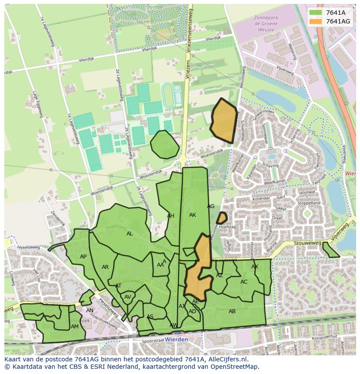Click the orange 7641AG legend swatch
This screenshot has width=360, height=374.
tap(316, 21)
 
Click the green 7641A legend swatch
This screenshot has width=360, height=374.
tap(316, 13)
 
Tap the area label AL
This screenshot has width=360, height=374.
tap(130, 234)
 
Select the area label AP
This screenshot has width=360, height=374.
tap(83, 257)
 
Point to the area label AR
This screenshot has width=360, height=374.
tap(105, 267)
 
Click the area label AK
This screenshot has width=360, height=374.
tap(193, 215)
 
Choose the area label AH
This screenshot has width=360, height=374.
tap(170, 216)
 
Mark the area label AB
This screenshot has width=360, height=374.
tap(232, 311)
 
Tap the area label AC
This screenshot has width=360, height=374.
tap(244, 282)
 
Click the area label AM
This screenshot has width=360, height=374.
tap(75, 327)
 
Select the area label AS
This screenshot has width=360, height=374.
tap(150, 317)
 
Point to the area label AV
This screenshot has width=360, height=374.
tap(127, 297)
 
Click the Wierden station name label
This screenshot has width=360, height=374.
tap(177, 339)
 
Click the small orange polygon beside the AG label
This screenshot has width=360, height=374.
tap(222, 218)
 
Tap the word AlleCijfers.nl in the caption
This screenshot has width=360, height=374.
tap(227, 359)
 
